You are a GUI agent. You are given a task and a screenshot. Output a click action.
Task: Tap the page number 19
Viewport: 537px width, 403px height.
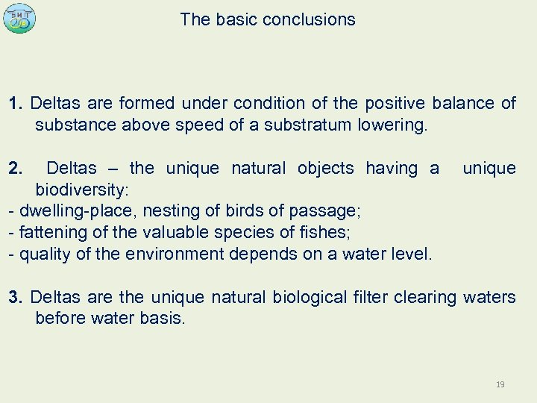500,384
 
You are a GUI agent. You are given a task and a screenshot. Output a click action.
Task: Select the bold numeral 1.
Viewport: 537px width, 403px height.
15,103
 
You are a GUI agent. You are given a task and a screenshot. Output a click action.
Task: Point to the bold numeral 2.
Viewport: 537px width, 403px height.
15,168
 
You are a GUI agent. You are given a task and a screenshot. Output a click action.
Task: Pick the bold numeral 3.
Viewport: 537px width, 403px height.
15,297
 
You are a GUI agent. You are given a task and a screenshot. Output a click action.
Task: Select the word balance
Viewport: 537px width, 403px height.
459,103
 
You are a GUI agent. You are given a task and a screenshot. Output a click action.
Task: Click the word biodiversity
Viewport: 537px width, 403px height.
82,190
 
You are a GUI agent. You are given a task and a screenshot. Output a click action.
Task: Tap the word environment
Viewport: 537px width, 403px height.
175,254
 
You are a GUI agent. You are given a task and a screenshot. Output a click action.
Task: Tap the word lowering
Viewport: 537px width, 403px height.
392,125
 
